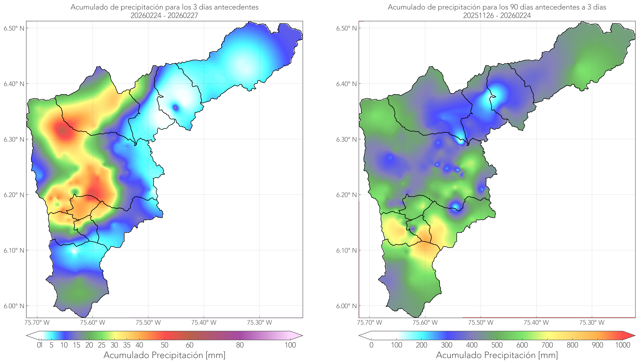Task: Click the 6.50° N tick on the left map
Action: (14, 28)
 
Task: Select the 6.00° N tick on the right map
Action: (346, 306)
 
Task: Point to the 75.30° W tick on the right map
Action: (592, 322)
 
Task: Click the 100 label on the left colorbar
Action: (290, 345)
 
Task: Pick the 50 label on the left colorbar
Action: (164, 345)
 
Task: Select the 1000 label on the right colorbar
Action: (623, 345)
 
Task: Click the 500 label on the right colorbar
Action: (497, 345)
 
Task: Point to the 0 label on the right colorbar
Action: (371, 345)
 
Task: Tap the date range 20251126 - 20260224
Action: (497, 15)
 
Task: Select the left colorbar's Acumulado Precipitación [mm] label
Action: (164, 355)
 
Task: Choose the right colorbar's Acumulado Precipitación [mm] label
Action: (497, 355)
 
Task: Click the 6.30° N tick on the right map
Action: (346, 139)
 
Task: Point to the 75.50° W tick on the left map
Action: (148, 322)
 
